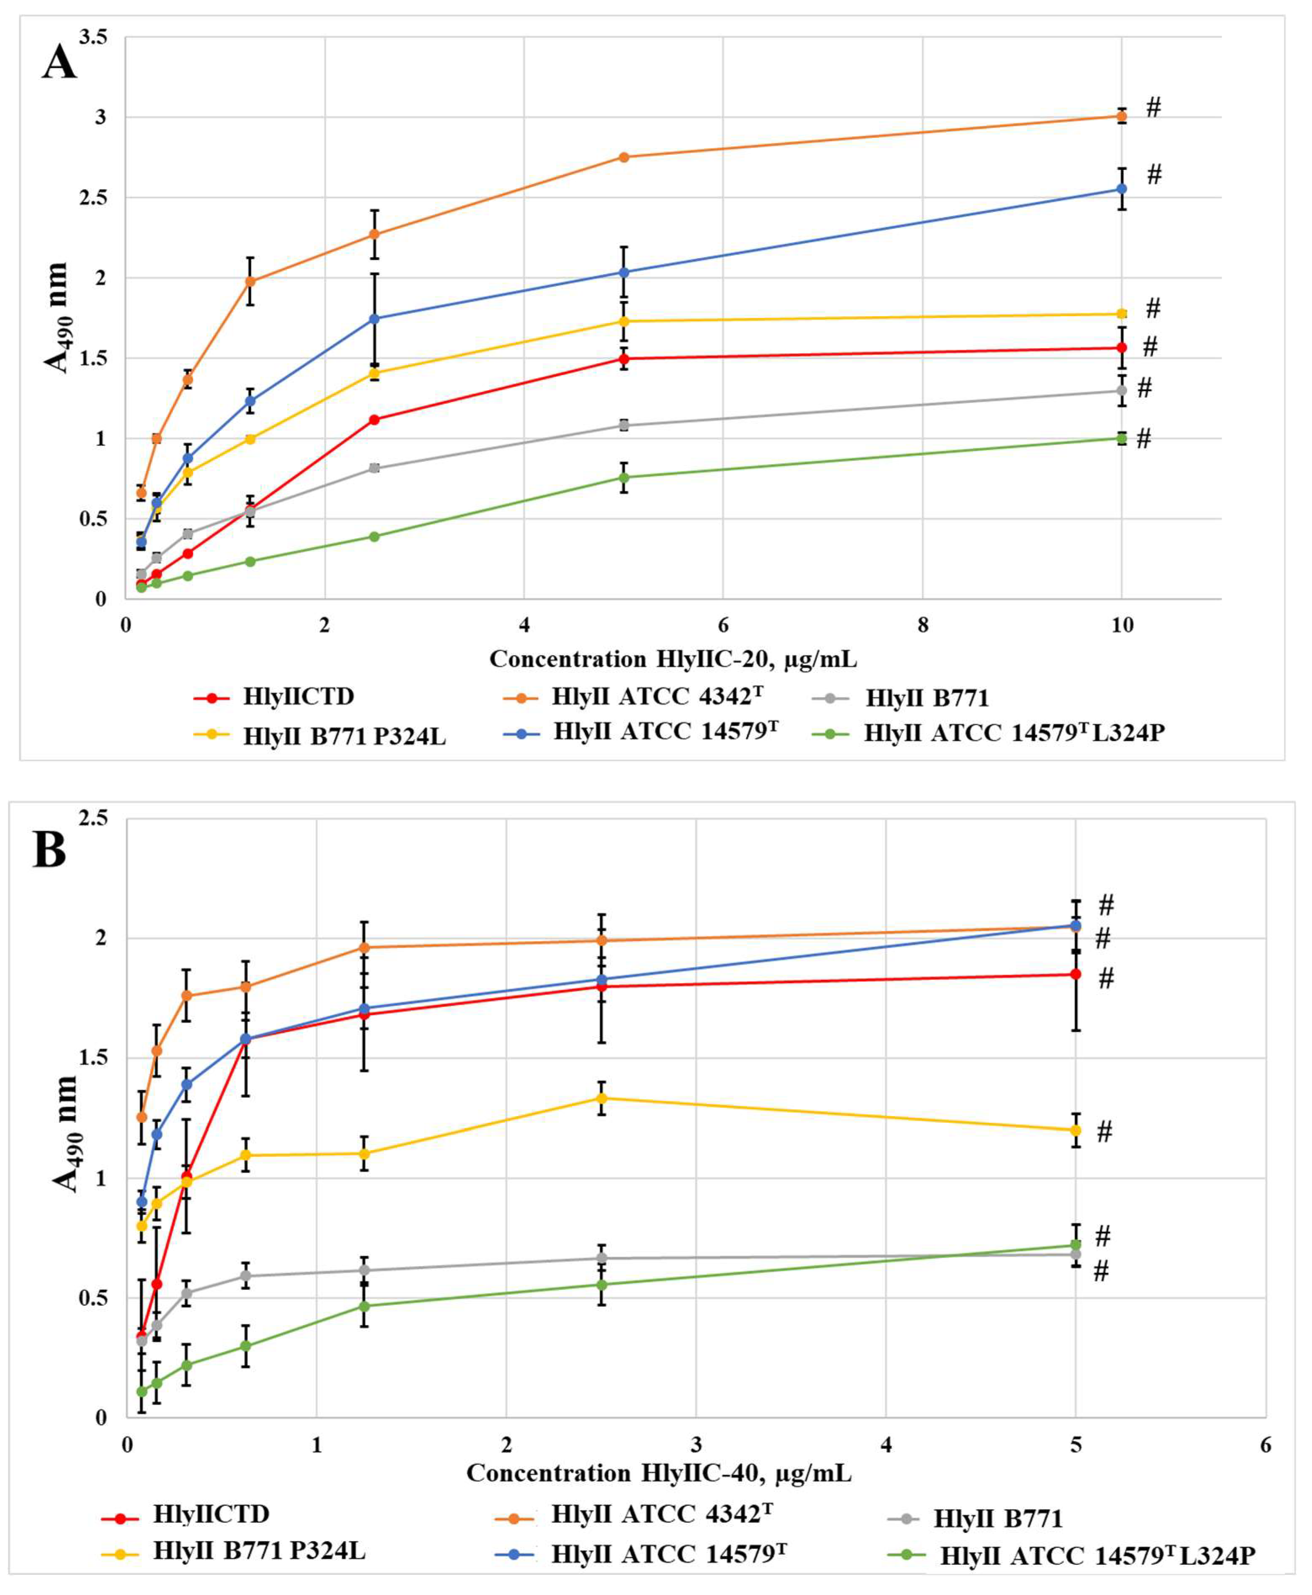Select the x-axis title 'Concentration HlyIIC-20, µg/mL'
(x=673, y=659)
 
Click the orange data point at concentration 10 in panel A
(x=1122, y=116)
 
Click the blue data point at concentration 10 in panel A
(x=1122, y=189)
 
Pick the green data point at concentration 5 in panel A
(x=624, y=477)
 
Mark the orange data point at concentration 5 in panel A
(x=624, y=157)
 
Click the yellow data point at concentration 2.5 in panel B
(x=602, y=1098)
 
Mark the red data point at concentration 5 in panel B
(x=1075, y=974)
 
